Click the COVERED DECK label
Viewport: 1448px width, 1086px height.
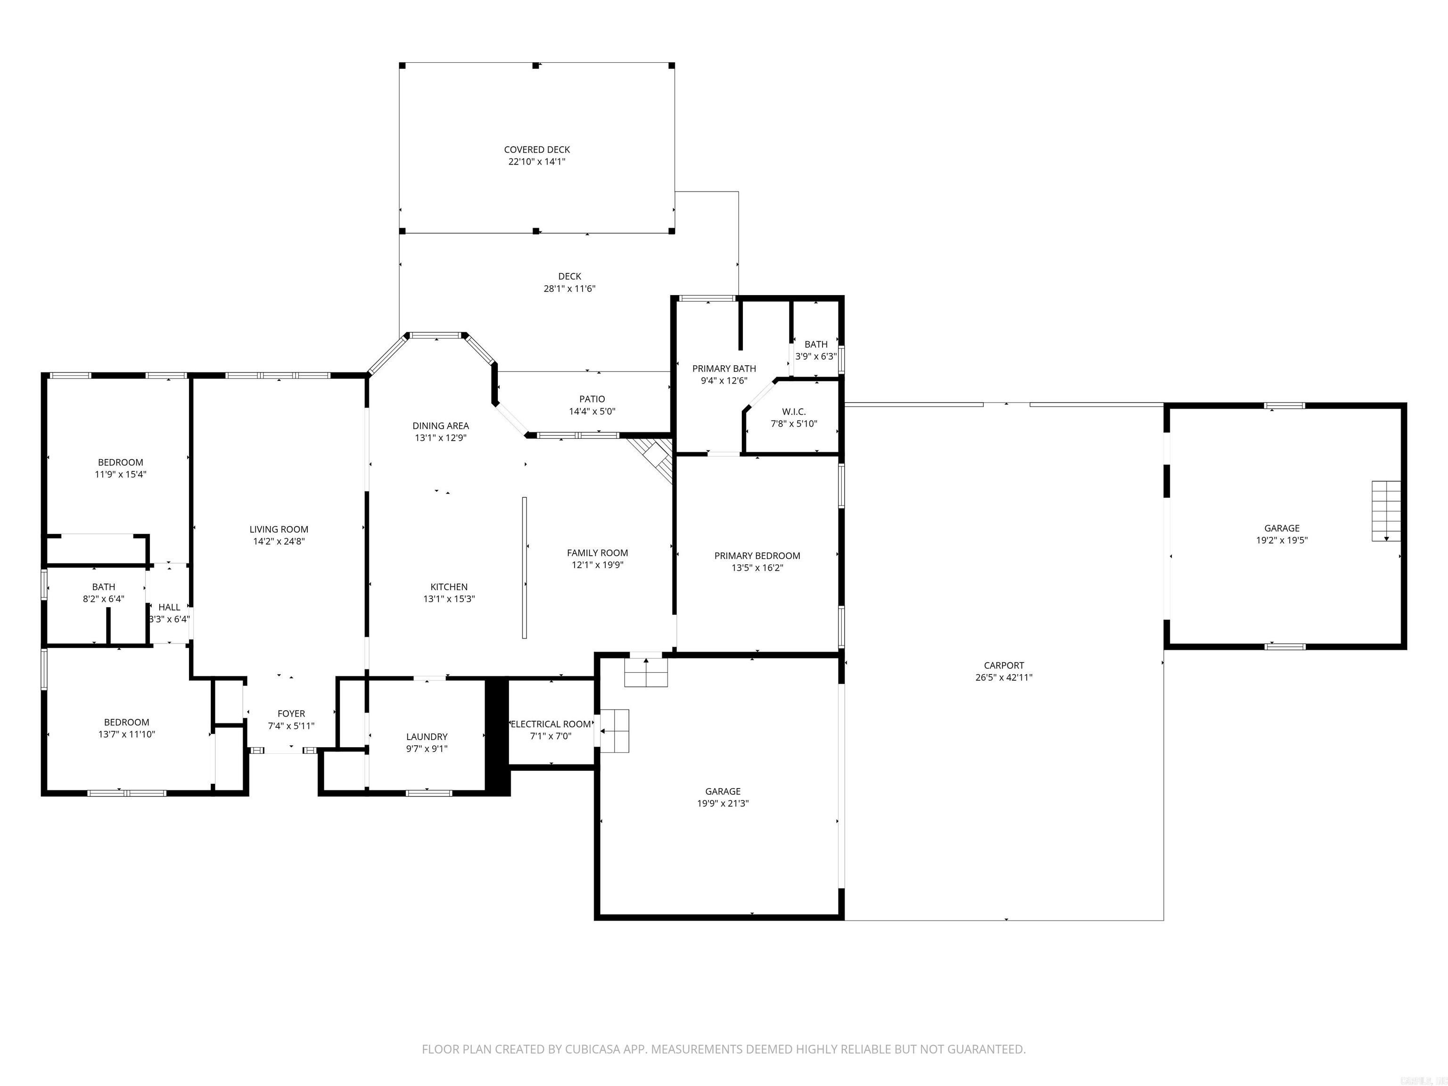pyautogui.click(x=537, y=150)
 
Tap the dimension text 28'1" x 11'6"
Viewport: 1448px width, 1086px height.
pyautogui.click(x=569, y=288)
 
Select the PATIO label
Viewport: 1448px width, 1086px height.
pyautogui.click(x=592, y=399)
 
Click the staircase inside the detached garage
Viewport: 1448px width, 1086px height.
pyautogui.click(x=1386, y=510)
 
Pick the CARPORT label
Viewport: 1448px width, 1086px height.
pyautogui.click(x=1004, y=666)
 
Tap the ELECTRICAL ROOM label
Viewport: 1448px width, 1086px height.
pyautogui.click(x=551, y=724)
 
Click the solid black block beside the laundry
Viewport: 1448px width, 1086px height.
pyautogui.click(x=497, y=736)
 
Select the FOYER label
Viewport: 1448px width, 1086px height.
pyautogui.click(x=291, y=714)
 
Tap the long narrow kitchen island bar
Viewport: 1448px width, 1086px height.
pyautogui.click(x=524, y=568)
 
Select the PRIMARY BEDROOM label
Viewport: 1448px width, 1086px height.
pyautogui.click(x=757, y=556)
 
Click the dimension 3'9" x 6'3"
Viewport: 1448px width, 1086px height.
pyautogui.click(x=815, y=357)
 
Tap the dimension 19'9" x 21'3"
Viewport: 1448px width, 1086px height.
pyautogui.click(x=723, y=803)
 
